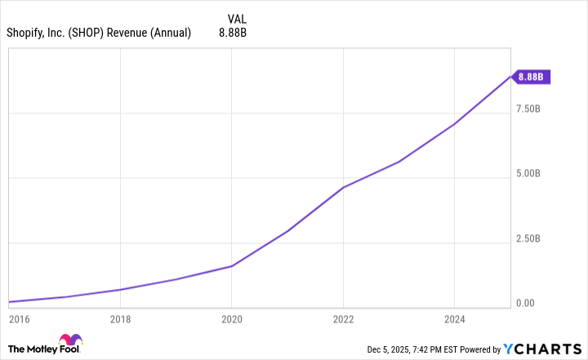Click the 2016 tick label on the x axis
[x=18, y=320]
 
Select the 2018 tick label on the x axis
[x=121, y=320]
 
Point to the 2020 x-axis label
[x=232, y=320]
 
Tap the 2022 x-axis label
[x=343, y=320]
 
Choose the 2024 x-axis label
[x=454, y=320]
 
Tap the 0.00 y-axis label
[x=527, y=304]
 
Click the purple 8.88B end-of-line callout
[x=532, y=78]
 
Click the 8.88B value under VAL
[x=233, y=33]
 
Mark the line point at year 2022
[x=343, y=188]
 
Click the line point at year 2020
[x=232, y=266]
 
